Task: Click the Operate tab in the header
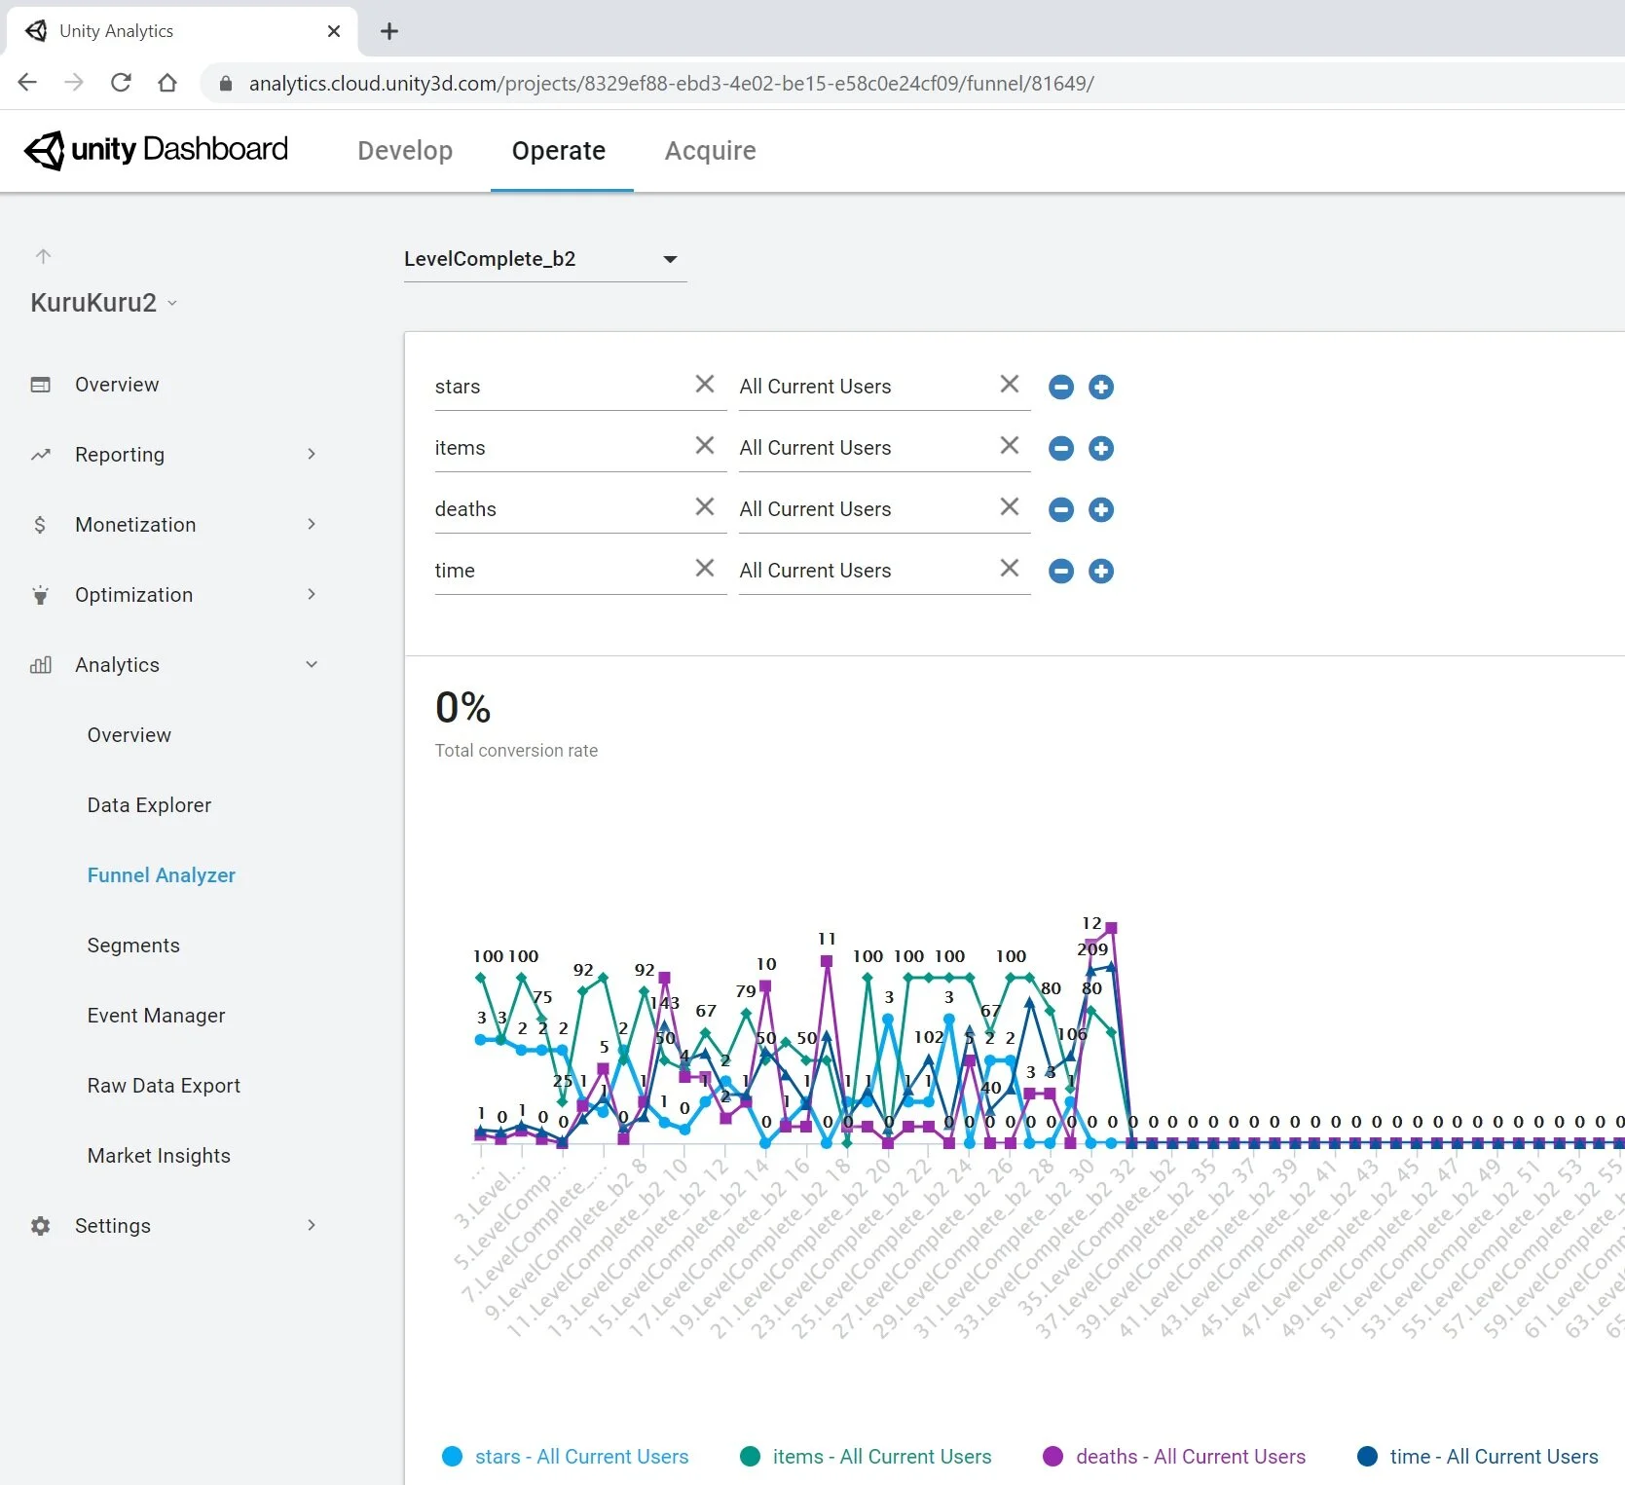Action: tap(558, 151)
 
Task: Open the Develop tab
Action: tap(405, 151)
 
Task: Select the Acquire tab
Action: tap(710, 151)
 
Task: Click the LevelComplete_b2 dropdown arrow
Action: tap(670, 259)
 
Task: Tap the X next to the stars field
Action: tap(705, 385)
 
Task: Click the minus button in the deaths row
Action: tap(1061, 509)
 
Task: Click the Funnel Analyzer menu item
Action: tap(162, 875)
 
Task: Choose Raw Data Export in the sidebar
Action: tap(164, 1086)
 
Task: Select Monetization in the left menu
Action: tap(135, 525)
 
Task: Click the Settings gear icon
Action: tap(40, 1226)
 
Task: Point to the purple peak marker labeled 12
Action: tap(1111, 928)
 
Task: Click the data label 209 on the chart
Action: tap(1092, 948)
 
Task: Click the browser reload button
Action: tap(121, 83)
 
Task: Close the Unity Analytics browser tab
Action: tap(334, 31)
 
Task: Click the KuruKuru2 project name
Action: tap(93, 303)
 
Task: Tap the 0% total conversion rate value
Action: tap(462, 708)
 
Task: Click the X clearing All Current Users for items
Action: tap(1010, 446)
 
